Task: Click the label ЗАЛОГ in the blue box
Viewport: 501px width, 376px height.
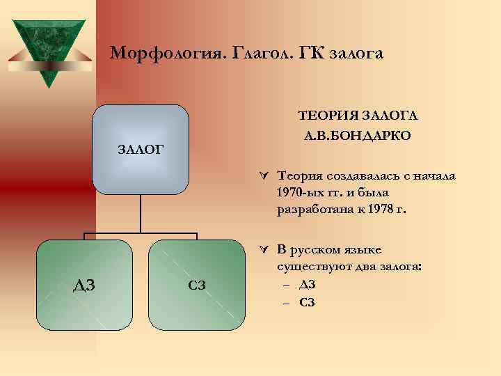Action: [140, 148]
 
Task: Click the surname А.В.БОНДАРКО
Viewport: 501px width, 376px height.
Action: [357, 135]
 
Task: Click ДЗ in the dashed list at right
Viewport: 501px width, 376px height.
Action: [307, 284]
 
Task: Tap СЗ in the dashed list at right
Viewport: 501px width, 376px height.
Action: [307, 301]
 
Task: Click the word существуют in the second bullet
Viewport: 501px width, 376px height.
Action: [310, 267]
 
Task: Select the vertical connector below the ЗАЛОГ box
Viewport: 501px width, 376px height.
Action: [141, 212]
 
